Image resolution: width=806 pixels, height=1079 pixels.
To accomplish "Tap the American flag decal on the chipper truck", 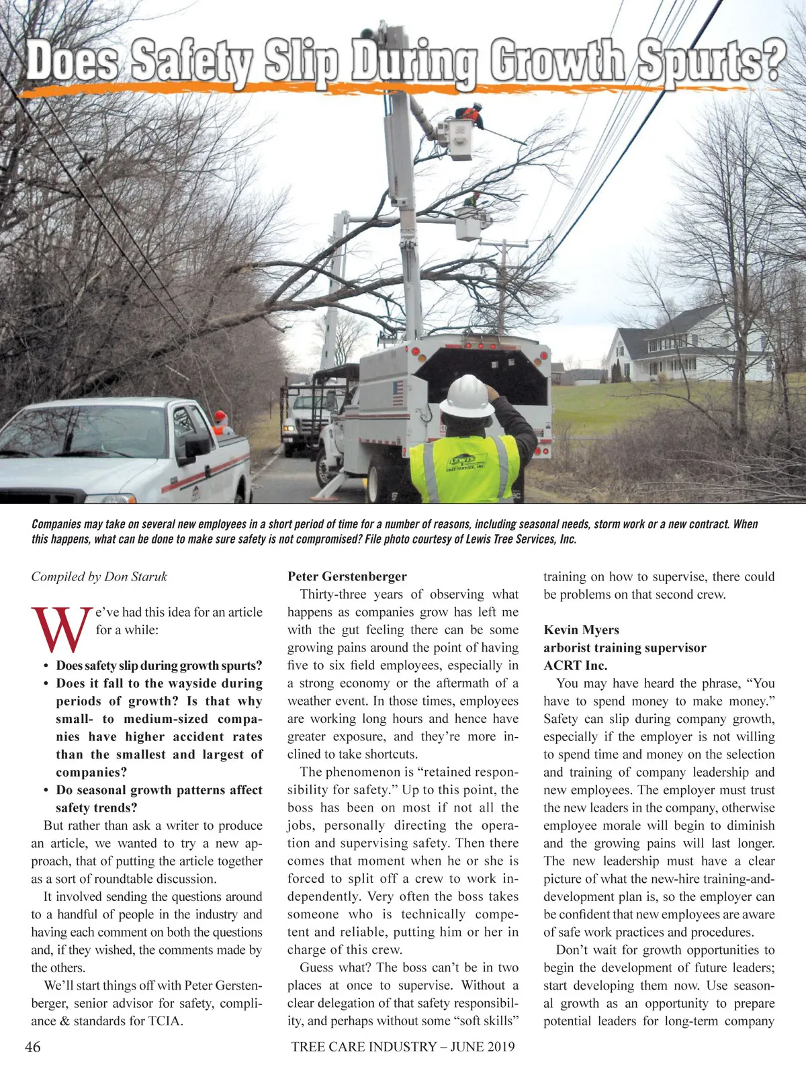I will coord(398,392).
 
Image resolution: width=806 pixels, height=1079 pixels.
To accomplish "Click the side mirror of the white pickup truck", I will coord(197,445).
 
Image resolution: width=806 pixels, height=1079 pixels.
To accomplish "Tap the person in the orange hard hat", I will coord(220,423).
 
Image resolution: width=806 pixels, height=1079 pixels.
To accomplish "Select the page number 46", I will coord(32,1047).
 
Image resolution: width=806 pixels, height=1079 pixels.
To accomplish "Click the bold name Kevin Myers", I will coord(581,630).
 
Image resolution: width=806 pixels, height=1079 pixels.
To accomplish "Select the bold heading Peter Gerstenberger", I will coord(347,576).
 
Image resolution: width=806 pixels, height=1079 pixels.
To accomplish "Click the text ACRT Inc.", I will coord(575,666).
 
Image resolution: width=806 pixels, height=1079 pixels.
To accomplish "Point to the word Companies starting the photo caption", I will coord(56,524).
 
